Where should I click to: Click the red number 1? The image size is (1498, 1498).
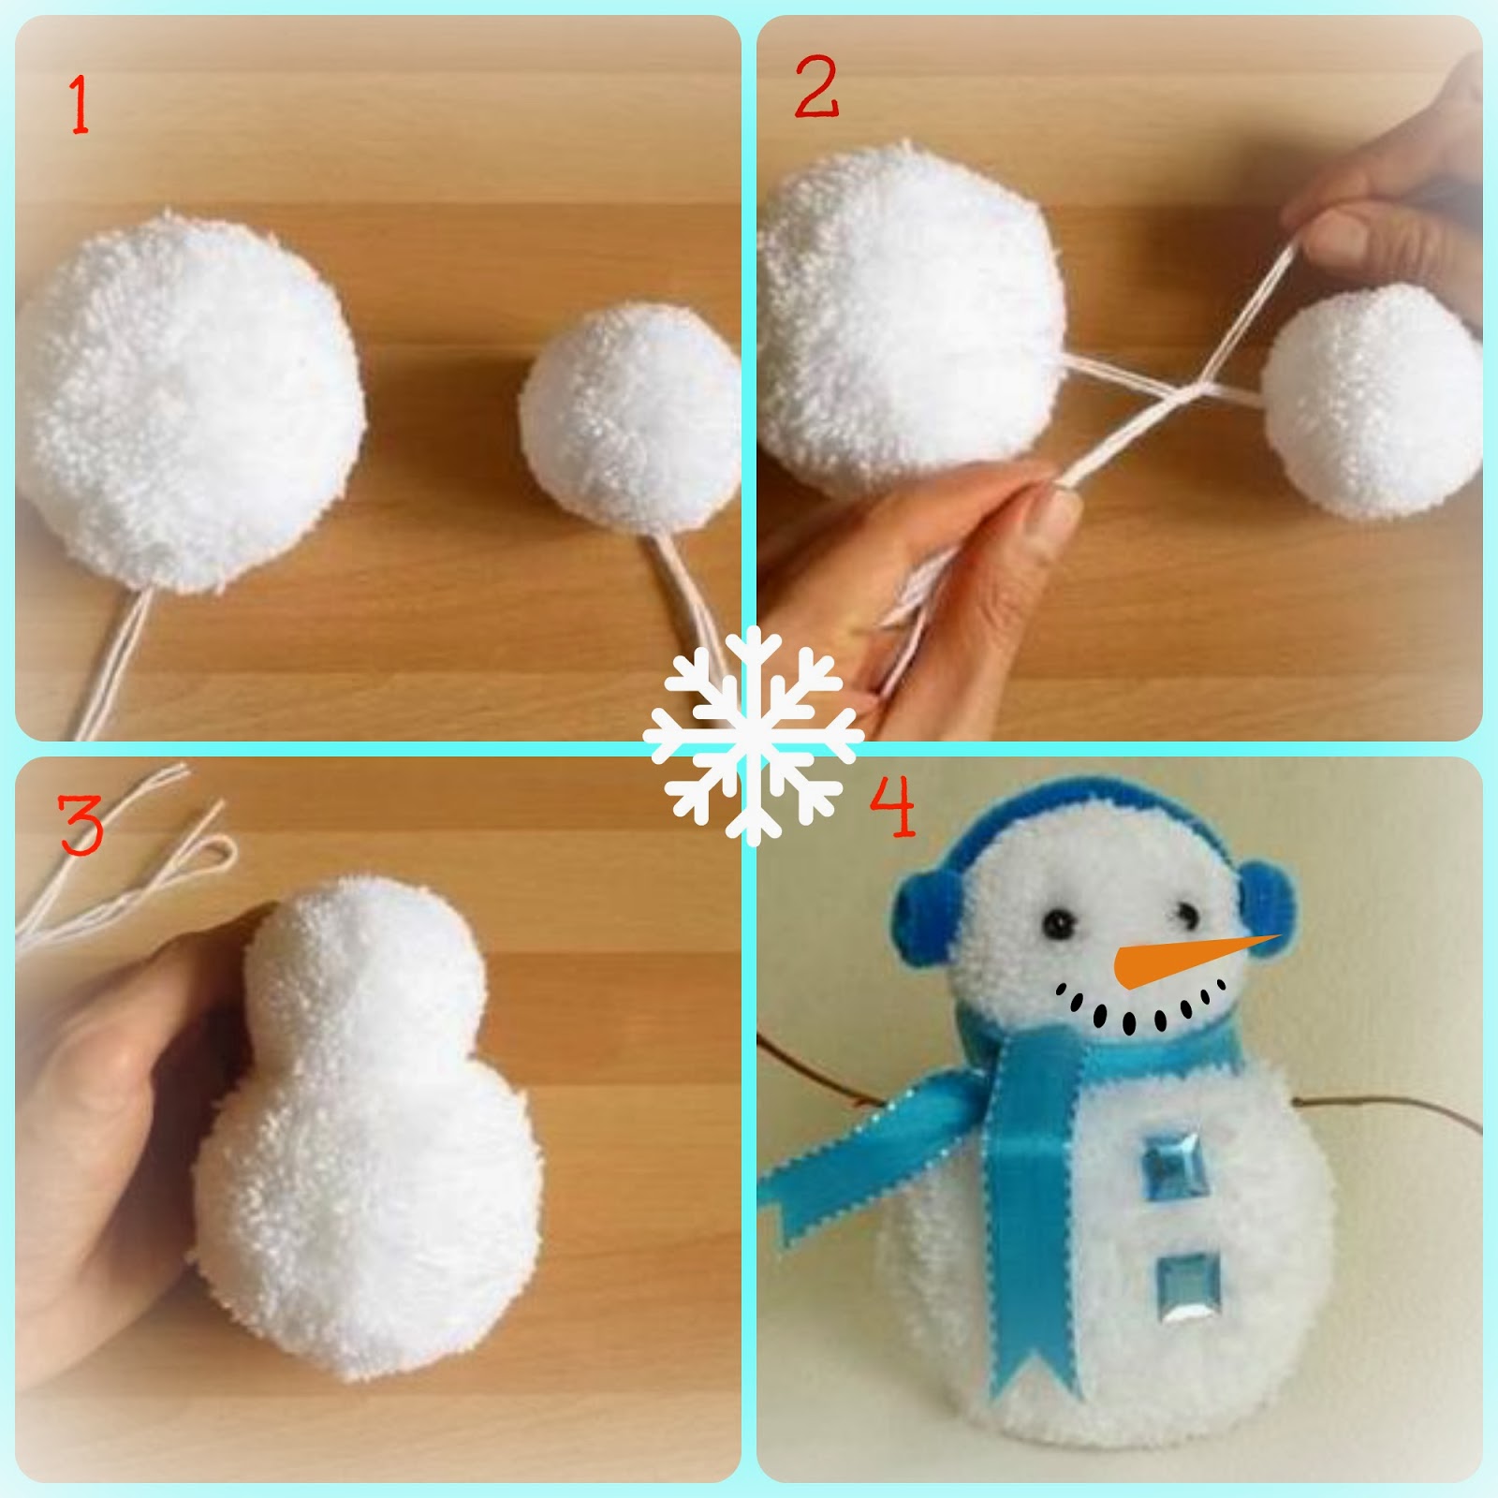pos(80,105)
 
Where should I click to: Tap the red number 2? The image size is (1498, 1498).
pos(816,87)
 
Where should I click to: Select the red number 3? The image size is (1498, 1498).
pos(81,824)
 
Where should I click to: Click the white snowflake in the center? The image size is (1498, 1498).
pos(753,736)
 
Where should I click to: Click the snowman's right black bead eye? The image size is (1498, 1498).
pos(1187,912)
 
